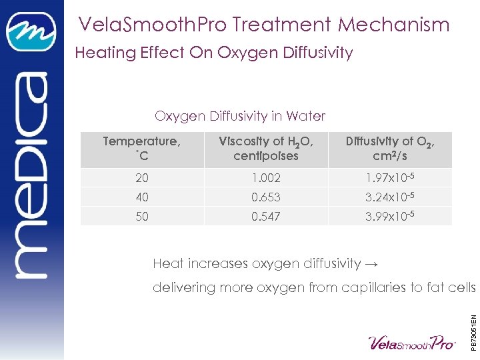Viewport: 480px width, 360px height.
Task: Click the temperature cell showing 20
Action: tap(142, 178)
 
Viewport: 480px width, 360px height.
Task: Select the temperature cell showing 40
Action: tap(142, 197)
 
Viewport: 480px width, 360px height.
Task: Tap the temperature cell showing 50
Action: tap(142, 217)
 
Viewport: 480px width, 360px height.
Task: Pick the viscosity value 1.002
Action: tap(266, 178)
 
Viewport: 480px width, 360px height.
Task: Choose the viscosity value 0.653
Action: tap(266, 197)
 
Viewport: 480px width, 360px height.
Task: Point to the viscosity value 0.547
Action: tap(266, 217)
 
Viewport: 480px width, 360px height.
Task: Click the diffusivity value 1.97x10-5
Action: tap(390, 178)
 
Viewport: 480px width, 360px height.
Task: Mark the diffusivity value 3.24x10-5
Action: tap(390, 197)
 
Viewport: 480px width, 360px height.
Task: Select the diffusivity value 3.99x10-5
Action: tap(390, 217)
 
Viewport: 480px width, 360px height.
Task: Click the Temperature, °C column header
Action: tap(142, 147)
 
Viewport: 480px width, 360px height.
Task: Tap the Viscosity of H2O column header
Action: tap(266, 147)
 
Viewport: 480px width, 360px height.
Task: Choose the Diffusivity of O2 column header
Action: tap(390, 147)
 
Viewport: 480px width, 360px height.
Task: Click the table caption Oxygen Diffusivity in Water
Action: tap(240, 116)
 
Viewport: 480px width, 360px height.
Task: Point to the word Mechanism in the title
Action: tap(393, 25)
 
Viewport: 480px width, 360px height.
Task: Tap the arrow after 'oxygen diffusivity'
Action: tap(372, 264)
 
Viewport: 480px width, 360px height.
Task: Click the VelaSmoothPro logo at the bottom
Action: tap(413, 343)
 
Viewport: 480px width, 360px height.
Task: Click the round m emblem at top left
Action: tap(31, 33)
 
